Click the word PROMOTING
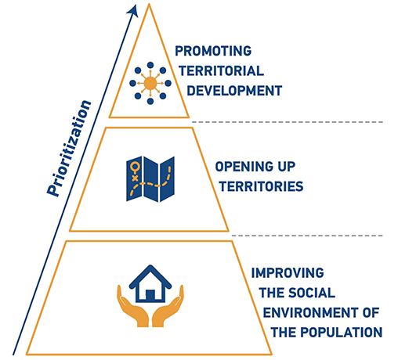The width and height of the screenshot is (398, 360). (x=213, y=51)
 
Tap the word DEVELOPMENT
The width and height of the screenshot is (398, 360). (x=234, y=91)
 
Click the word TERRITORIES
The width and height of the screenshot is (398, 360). (x=261, y=186)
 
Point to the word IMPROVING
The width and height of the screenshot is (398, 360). (x=288, y=273)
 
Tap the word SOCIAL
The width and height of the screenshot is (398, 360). (x=312, y=293)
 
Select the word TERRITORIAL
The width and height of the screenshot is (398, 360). (x=221, y=71)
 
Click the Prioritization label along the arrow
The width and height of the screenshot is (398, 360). (x=69, y=148)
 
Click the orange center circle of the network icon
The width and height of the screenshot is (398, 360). (x=150, y=84)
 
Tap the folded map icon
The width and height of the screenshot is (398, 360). (x=150, y=179)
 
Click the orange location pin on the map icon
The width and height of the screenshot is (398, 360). (x=136, y=167)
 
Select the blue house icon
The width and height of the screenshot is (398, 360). (x=150, y=284)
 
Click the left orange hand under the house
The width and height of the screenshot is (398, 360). (x=132, y=308)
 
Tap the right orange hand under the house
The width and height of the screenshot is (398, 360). (x=168, y=308)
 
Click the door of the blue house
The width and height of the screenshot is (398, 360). (x=150, y=295)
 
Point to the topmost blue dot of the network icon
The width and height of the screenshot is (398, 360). (x=150, y=65)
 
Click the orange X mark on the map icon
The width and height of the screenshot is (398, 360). (x=135, y=178)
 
